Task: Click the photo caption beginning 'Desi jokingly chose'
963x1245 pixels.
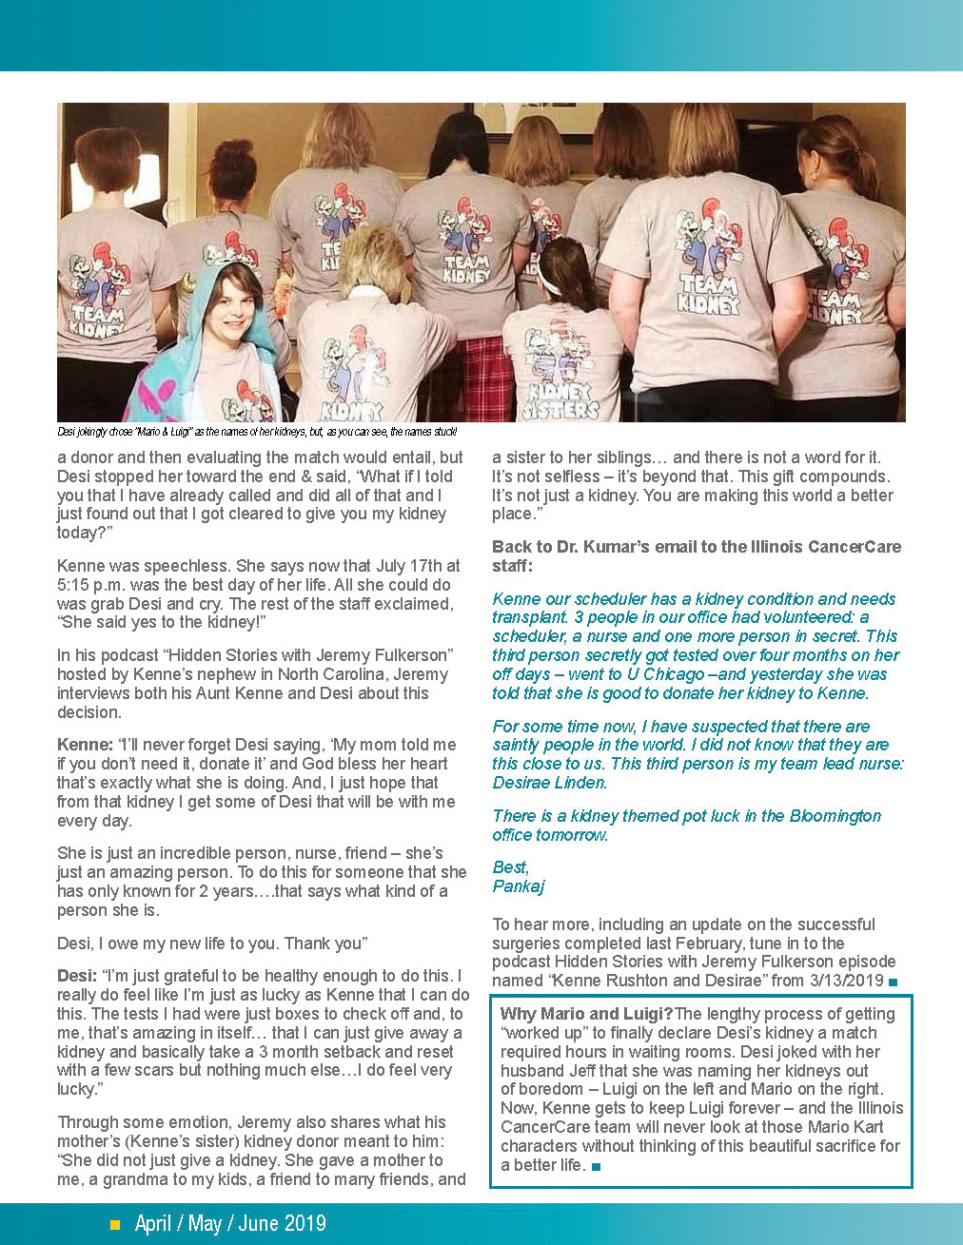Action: [257, 432]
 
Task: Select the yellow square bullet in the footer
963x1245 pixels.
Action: [115, 1225]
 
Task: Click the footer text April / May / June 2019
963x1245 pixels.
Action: [230, 1224]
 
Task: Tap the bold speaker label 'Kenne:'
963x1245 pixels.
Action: [85, 745]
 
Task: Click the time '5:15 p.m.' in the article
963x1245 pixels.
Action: [88, 585]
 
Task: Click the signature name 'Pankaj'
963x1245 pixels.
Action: [519, 886]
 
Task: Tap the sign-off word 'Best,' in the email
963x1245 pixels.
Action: [511, 867]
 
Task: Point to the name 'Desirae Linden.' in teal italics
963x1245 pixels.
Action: [549, 783]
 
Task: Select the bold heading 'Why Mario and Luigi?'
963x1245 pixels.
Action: [586, 1014]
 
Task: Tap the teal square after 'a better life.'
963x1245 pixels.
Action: [596, 1166]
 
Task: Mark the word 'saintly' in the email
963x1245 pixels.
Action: [519, 745]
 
